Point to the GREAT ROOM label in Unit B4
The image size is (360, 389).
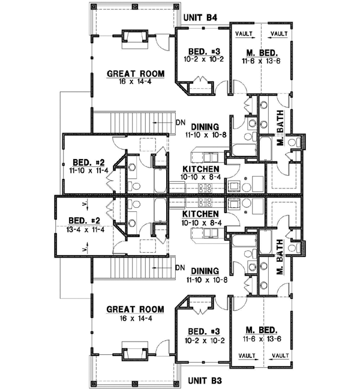coord(135,74)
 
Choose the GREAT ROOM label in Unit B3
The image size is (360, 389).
coord(135,309)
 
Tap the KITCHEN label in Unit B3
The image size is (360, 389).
coord(200,214)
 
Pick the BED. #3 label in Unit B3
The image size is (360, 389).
coord(201,331)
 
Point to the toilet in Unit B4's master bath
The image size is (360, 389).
coord(295,143)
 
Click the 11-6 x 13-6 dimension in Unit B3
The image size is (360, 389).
coord(258,339)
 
